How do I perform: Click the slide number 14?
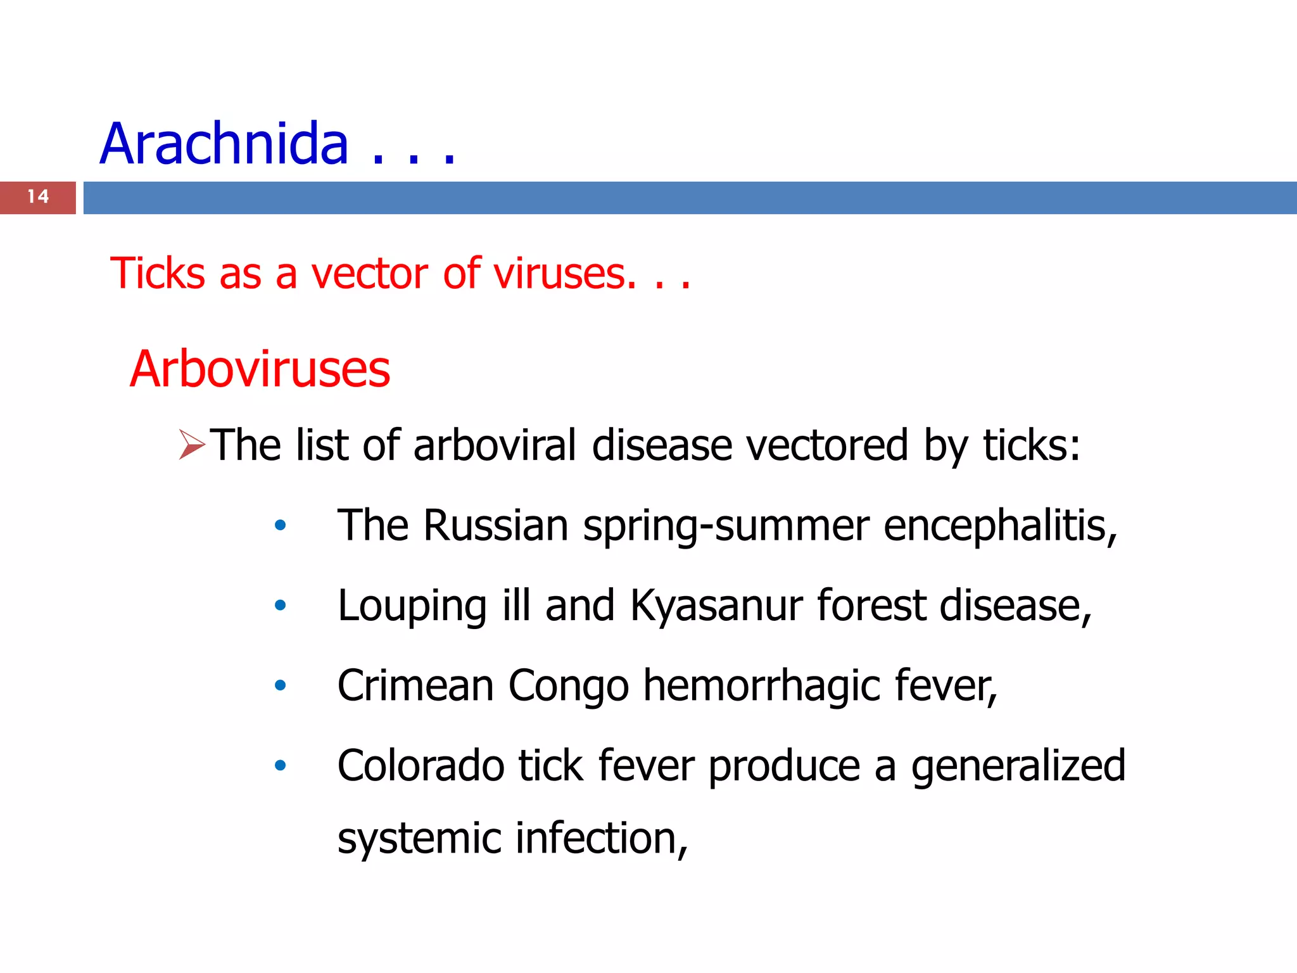click(x=38, y=197)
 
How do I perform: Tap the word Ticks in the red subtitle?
click(x=158, y=274)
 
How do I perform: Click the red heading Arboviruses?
click(x=260, y=369)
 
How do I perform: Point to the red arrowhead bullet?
click(x=191, y=444)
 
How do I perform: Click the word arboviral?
click(x=495, y=445)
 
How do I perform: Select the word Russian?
click(x=496, y=525)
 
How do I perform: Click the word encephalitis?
click(x=999, y=525)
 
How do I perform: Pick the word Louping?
click(x=412, y=606)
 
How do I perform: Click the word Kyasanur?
click(x=716, y=606)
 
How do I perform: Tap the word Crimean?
click(x=415, y=685)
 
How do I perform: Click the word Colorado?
click(x=421, y=766)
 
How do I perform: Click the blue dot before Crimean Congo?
click(x=280, y=685)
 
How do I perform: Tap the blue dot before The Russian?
click(x=280, y=525)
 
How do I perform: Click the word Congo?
click(x=568, y=687)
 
